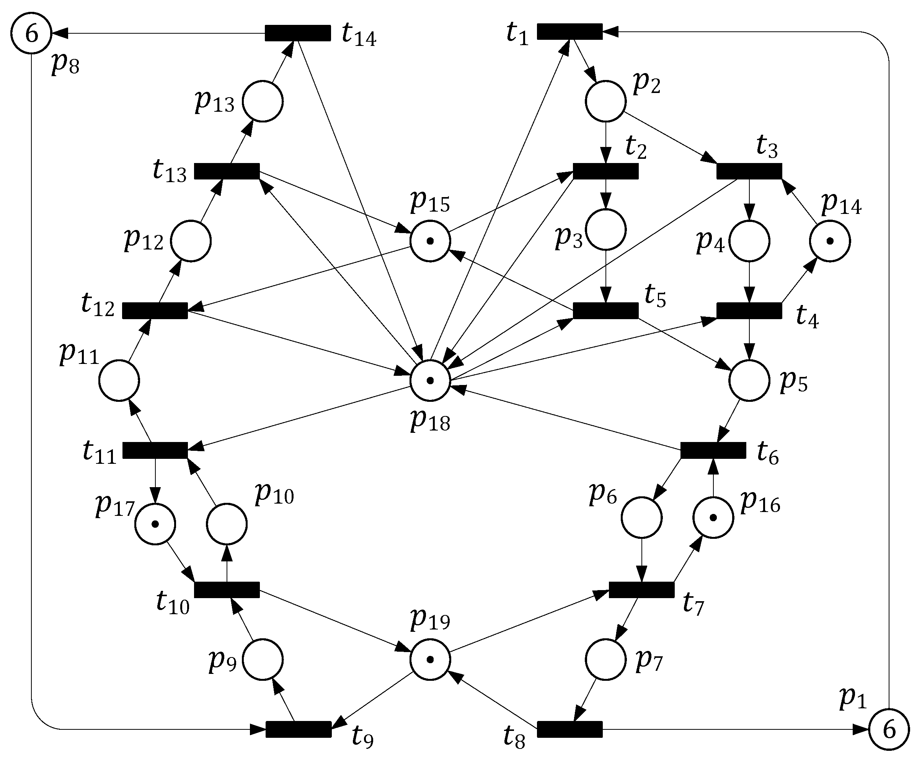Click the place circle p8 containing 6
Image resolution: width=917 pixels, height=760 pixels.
(31, 33)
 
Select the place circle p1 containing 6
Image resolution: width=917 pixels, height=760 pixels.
(889, 730)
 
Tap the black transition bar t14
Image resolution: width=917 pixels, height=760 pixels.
(298, 33)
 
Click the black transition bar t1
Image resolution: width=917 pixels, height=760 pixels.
(569, 31)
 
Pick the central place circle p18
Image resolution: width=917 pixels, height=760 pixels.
(430, 380)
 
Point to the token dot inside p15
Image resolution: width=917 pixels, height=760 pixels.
(430, 241)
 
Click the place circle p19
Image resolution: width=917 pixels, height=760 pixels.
(430, 660)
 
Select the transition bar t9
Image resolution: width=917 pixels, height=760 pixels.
(299, 729)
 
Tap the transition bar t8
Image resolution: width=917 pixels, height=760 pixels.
(569, 729)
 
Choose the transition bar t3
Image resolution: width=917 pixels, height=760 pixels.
(749, 171)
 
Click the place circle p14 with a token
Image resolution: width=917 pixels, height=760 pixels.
(830, 241)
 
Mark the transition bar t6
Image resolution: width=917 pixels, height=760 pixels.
(713, 450)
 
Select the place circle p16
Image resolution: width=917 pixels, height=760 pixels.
(713, 518)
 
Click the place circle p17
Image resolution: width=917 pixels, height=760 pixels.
(155, 524)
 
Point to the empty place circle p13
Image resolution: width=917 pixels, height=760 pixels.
(263, 101)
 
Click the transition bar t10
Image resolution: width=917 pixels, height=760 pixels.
(227, 589)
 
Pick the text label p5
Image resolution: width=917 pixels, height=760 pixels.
(793, 382)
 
